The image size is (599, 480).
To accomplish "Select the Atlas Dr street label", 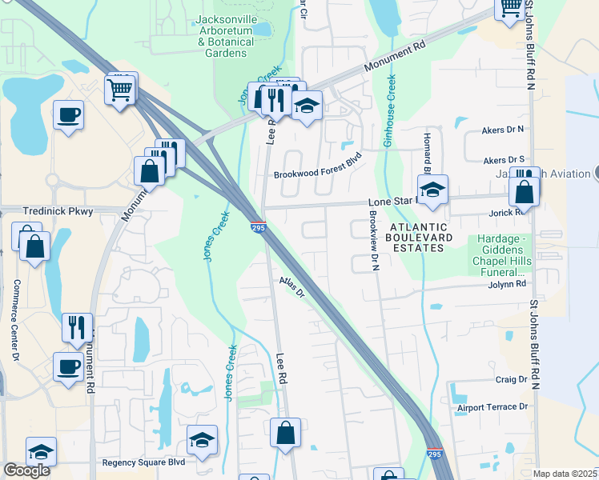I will click(x=293, y=287).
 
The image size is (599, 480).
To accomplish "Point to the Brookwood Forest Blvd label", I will click(x=318, y=174).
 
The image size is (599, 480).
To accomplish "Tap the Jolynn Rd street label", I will click(x=509, y=284).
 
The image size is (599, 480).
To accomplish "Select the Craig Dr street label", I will click(x=512, y=379).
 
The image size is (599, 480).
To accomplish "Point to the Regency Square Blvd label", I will click(x=143, y=462).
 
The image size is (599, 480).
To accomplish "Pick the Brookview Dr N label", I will click(x=373, y=241).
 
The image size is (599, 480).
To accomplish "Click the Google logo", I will click(x=26, y=470).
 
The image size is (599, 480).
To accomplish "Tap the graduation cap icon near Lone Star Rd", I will click(x=432, y=190).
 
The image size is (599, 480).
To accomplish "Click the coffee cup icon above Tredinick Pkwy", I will click(x=68, y=114).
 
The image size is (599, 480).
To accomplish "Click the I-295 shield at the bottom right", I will click(x=434, y=454).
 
